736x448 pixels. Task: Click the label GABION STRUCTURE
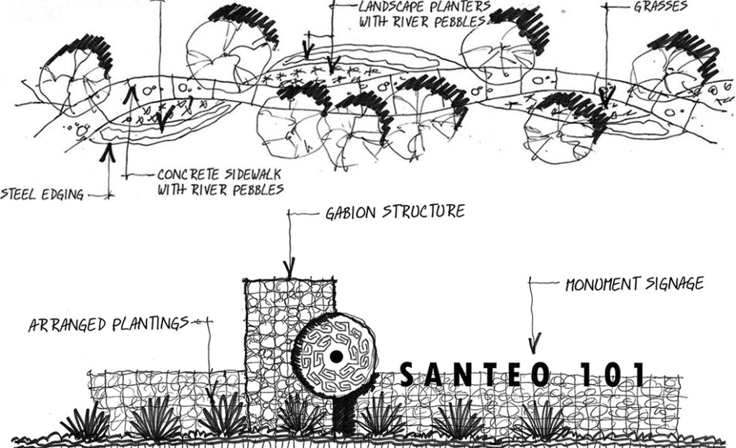click(392, 212)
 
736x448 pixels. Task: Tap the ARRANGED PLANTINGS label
click(108, 324)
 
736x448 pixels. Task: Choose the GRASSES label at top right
click(660, 7)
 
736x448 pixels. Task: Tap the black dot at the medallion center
click(336, 357)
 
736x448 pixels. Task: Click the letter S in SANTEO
click(408, 374)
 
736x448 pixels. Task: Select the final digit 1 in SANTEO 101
click(635, 374)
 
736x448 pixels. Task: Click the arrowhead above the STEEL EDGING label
click(110, 152)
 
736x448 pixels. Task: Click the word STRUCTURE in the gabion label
click(423, 211)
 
